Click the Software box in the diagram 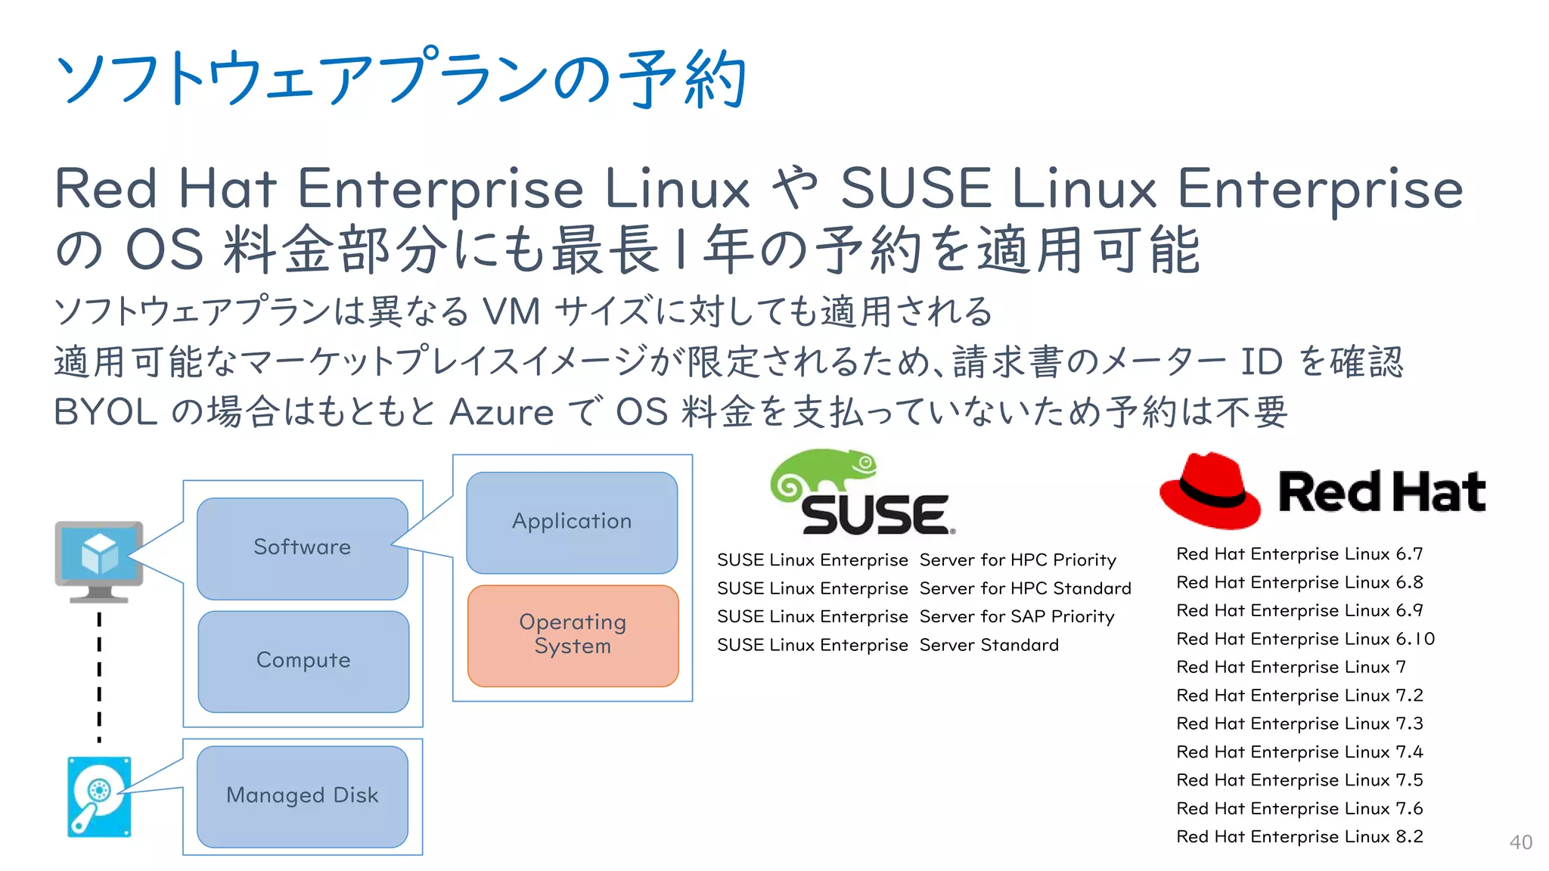click(302, 547)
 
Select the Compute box click(303, 661)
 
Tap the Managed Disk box click(302, 795)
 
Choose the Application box click(572, 522)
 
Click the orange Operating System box click(573, 635)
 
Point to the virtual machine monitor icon click(99, 560)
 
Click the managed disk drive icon click(99, 796)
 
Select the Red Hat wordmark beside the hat click(1381, 492)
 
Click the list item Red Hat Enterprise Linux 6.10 click(1305, 639)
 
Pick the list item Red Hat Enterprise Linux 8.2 click(1299, 837)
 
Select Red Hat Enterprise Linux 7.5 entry click(1299, 780)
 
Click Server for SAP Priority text click(1017, 617)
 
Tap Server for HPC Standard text click(1025, 589)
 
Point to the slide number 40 click(1520, 842)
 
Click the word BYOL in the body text click(106, 413)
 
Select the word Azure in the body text click(501, 413)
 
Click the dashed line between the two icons click(99, 677)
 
